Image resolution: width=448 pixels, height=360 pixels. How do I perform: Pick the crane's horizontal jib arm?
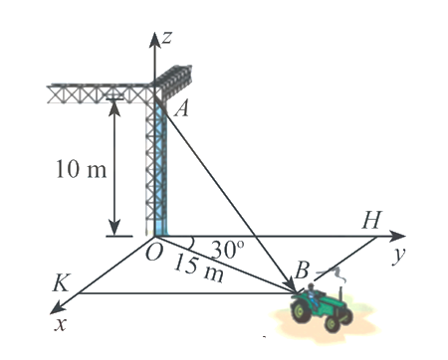click(x=100, y=93)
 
